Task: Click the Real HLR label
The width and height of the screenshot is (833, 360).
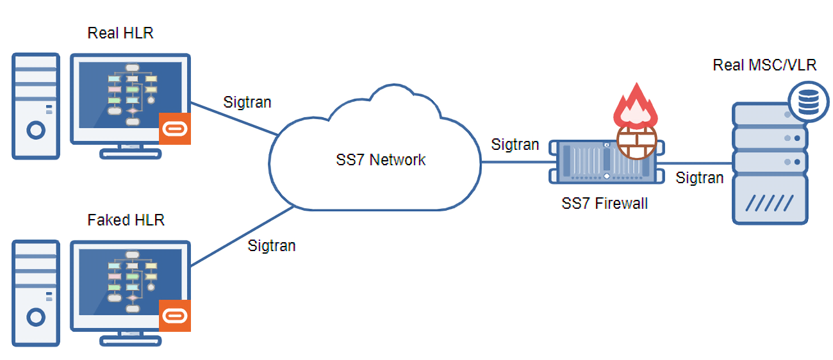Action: (x=120, y=33)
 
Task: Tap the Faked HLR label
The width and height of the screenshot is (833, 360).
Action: (x=126, y=220)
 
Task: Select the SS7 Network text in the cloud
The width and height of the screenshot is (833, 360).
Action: (x=381, y=160)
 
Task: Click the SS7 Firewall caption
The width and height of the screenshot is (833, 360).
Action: (x=604, y=204)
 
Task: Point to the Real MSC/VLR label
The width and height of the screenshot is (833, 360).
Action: (x=764, y=65)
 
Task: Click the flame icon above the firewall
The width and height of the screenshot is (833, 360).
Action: (x=636, y=106)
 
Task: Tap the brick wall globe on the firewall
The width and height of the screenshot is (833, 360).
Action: (x=637, y=142)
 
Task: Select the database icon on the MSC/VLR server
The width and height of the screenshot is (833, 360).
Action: (x=809, y=101)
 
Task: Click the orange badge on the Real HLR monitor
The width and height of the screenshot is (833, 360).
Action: (x=175, y=129)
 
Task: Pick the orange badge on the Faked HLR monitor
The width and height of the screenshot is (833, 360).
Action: (x=175, y=316)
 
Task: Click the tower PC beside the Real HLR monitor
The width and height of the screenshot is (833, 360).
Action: (x=36, y=106)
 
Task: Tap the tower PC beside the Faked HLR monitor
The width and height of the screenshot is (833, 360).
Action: (x=36, y=293)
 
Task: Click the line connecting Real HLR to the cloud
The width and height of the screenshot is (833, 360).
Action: (x=235, y=119)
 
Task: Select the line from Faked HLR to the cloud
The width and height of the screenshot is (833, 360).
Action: (x=242, y=236)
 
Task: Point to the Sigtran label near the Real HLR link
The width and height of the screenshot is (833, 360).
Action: (x=247, y=102)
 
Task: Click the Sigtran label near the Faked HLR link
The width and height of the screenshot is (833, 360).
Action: (x=272, y=246)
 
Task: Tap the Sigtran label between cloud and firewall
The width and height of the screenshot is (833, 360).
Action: (x=515, y=145)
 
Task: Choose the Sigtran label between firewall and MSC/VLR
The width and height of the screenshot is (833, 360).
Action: (x=700, y=178)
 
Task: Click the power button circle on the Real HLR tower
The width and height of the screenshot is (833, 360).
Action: (x=36, y=131)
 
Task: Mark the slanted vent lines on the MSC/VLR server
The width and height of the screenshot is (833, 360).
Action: (x=770, y=203)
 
